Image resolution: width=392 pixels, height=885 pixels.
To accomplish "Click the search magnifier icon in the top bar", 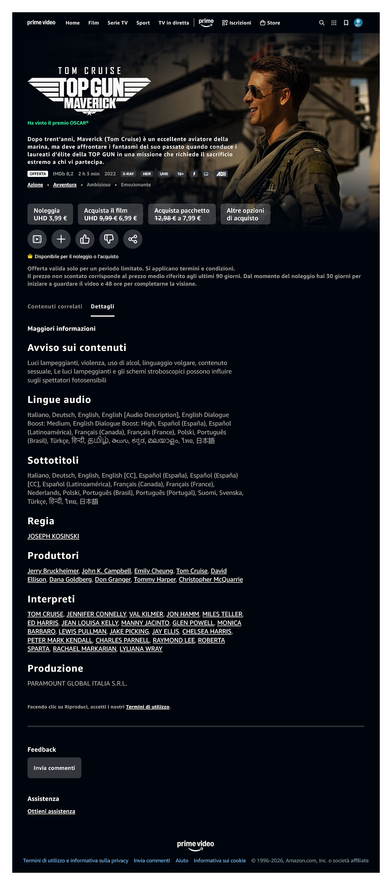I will [321, 23].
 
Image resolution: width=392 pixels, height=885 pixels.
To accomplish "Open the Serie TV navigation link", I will [117, 23].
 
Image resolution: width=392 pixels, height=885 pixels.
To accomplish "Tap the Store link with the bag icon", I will [270, 23].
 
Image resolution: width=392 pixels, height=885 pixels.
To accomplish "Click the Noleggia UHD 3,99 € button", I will [50, 214].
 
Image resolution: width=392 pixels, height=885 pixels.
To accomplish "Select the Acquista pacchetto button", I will [181, 214].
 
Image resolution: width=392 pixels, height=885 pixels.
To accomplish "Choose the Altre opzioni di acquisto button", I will [245, 214].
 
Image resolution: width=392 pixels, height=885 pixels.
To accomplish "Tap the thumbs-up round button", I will [85, 239].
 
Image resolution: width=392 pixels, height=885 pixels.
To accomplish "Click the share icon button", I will [133, 239].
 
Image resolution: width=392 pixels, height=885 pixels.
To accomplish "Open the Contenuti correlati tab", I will [55, 307].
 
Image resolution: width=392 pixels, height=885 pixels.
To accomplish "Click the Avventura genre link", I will [65, 185].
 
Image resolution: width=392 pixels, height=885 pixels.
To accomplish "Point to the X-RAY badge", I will [128, 174].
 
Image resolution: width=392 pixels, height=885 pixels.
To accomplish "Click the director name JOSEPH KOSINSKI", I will [53, 536].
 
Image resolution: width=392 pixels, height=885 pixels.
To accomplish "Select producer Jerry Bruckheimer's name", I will [53, 571].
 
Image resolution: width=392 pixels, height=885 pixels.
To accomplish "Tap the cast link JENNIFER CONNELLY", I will [96, 614].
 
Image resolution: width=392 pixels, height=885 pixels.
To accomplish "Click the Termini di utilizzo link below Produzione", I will [147, 707].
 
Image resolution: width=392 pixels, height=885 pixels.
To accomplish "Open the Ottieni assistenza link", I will [51, 811].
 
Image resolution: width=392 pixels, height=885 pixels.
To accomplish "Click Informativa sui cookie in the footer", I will [220, 860].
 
